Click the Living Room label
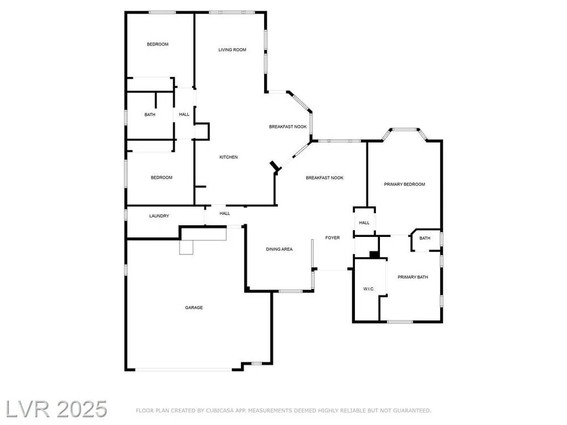coord(232,49)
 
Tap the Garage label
coord(194,308)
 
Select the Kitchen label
coord(229,157)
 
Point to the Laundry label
coord(159,216)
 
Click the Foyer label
coord(332,238)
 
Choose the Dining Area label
coord(279,249)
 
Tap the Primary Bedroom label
coord(404,184)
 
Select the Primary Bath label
coord(413,277)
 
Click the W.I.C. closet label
coord(369,289)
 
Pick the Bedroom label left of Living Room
coord(158,44)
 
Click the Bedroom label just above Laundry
coord(162,177)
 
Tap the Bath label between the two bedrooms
coord(150,114)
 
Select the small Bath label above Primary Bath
coord(425,238)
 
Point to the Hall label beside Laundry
coord(225,214)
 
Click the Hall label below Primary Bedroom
coord(364,223)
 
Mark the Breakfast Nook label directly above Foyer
coord(325,178)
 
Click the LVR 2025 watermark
coord(56,409)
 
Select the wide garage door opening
coord(184,369)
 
